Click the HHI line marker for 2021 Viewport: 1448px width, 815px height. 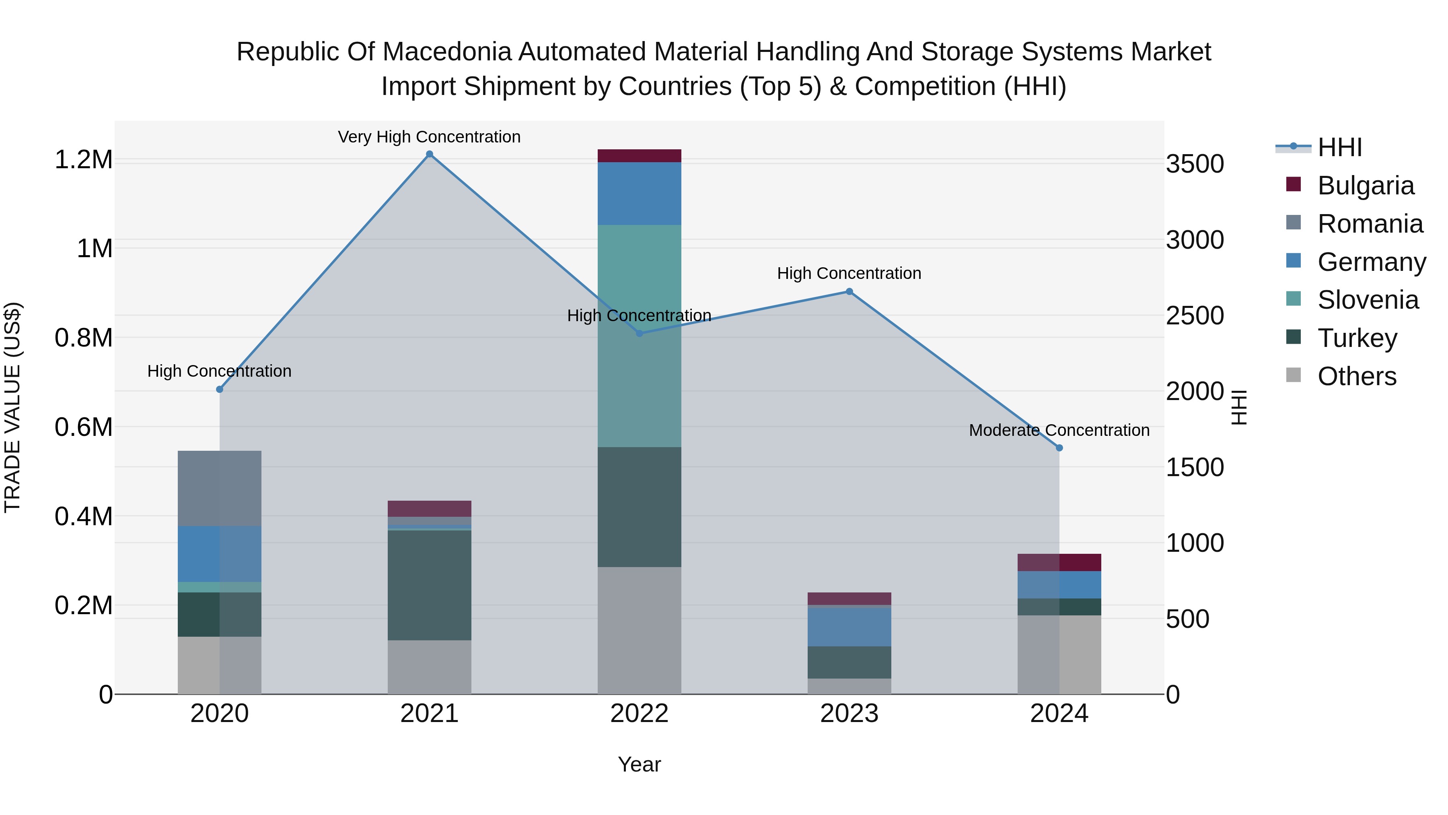click(x=430, y=154)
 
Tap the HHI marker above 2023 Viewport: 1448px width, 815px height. click(x=849, y=291)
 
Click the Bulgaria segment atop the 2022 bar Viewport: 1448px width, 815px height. click(x=639, y=156)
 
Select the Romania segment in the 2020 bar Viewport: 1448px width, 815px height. click(x=219, y=488)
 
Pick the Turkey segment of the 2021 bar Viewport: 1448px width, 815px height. click(x=430, y=585)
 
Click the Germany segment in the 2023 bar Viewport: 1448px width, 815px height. click(x=849, y=627)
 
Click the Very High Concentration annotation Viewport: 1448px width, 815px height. click(x=430, y=137)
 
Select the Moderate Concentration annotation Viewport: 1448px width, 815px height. click(x=1059, y=430)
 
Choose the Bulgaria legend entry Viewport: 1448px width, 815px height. click(x=1366, y=186)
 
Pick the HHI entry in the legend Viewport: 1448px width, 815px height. click(x=1339, y=147)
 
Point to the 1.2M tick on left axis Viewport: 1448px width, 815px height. click(x=83, y=160)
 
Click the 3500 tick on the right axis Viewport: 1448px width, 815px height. click(x=1195, y=164)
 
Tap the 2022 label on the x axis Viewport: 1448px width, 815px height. click(x=639, y=714)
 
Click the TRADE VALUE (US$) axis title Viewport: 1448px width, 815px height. click(x=12, y=407)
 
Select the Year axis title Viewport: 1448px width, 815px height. click(x=639, y=764)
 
